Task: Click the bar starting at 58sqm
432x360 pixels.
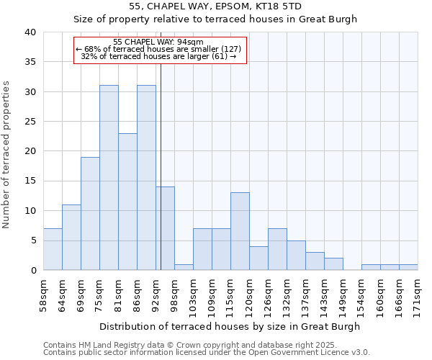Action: pos(53,249)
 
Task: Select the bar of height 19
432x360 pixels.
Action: pos(90,214)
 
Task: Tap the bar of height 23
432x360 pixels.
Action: pos(127,202)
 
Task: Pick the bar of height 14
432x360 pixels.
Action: pos(165,228)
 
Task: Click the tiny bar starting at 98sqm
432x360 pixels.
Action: pos(184,267)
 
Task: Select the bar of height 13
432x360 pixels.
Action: pos(240,231)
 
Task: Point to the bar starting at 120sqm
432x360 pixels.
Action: pos(258,258)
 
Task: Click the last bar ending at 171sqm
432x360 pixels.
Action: pos(408,267)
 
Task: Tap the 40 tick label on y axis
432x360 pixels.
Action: pos(30,32)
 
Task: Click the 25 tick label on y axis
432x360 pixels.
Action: pos(30,122)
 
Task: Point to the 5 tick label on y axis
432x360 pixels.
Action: pos(32,240)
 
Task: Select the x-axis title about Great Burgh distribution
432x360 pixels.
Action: pos(230,326)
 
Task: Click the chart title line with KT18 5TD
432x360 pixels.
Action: pos(215,6)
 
